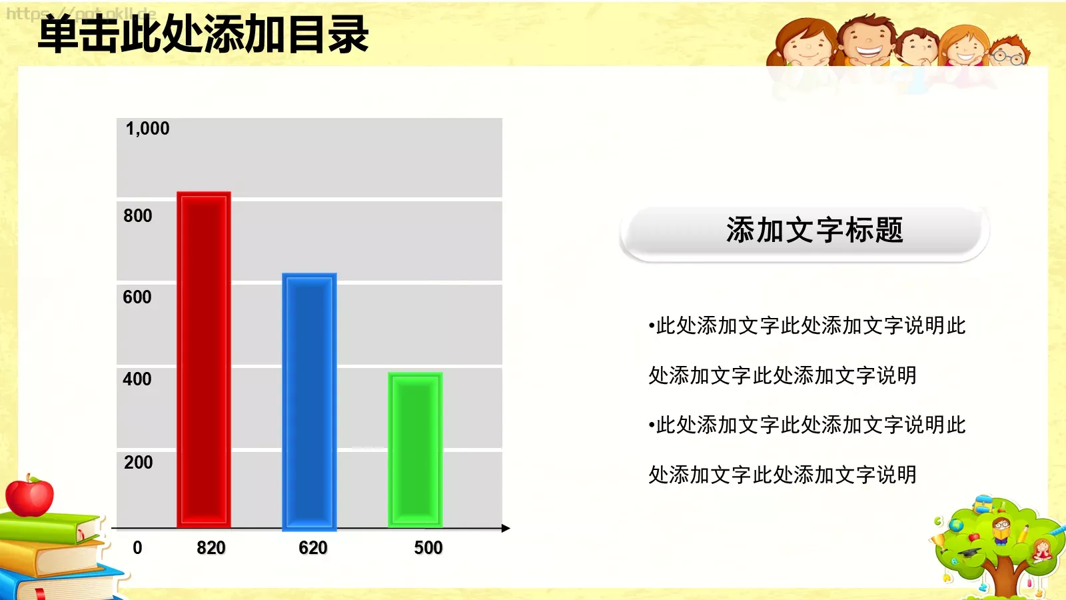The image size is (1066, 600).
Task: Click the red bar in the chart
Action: tap(204, 360)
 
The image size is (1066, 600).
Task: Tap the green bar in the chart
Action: tap(415, 450)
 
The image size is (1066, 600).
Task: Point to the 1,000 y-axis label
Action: tap(147, 129)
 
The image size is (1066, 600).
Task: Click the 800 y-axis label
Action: tap(137, 216)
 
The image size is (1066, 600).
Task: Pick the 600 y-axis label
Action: tap(137, 297)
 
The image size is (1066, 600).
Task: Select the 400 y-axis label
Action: tap(137, 379)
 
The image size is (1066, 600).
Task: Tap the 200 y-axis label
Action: tap(138, 463)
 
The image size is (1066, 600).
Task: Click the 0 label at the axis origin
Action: tap(137, 548)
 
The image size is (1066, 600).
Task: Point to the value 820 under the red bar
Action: tap(211, 548)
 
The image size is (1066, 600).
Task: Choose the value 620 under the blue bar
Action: tap(312, 548)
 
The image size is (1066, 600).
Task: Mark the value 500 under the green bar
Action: tap(428, 548)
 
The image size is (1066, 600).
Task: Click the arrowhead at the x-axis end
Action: tap(506, 528)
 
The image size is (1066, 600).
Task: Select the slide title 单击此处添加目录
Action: tap(203, 35)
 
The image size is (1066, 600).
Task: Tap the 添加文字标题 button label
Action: tap(814, 231)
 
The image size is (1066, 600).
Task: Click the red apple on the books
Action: tap(29, 497)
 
